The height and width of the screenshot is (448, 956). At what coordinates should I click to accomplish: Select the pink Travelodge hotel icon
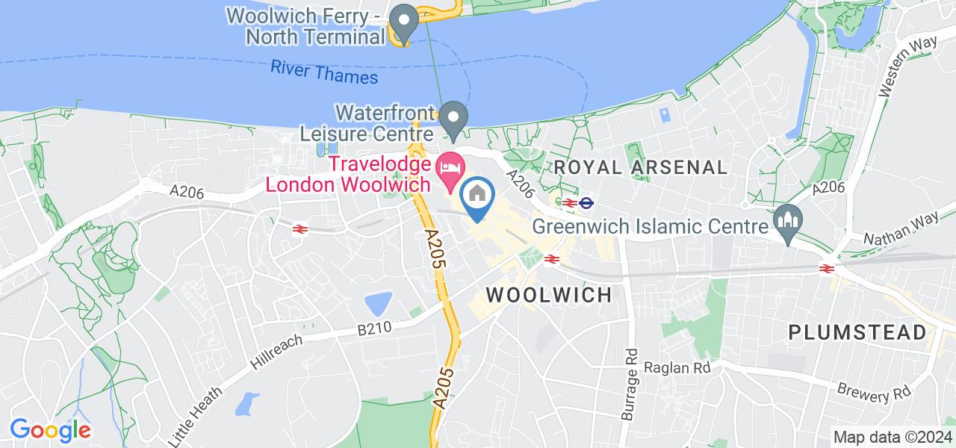tap(449, 166)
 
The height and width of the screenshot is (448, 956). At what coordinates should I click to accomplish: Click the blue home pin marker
tap(477, 198)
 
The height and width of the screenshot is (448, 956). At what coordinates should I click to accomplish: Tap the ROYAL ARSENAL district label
tap(640, 167)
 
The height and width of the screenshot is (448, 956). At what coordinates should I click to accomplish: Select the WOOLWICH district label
tap(549, 294)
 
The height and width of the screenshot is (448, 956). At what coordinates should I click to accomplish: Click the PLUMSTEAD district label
tap(857, 332)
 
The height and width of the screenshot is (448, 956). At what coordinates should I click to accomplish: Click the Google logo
tap(50, 429)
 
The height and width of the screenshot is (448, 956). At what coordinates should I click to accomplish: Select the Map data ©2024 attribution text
tap(893, 437)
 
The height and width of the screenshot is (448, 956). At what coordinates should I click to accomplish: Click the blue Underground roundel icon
tap(587, 202)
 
